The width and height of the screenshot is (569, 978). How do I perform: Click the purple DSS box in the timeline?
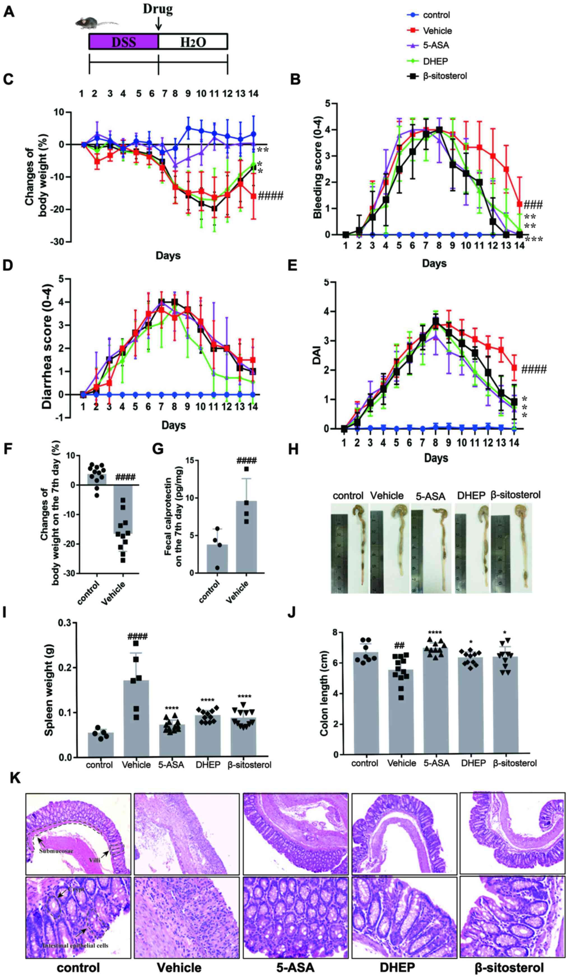pos(124,41)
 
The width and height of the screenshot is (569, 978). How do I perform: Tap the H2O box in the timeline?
pos(193,41)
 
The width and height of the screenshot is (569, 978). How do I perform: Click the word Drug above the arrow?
pos(158,9)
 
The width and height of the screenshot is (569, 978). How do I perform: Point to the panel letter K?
pos(15,778)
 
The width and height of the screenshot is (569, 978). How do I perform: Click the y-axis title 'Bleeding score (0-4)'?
pos(318,170)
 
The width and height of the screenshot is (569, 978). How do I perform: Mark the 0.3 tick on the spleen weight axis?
pos(65,623)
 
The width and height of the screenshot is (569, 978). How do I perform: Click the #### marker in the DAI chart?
pos(534,369)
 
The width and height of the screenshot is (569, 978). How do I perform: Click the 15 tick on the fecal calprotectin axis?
pos(190,461)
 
